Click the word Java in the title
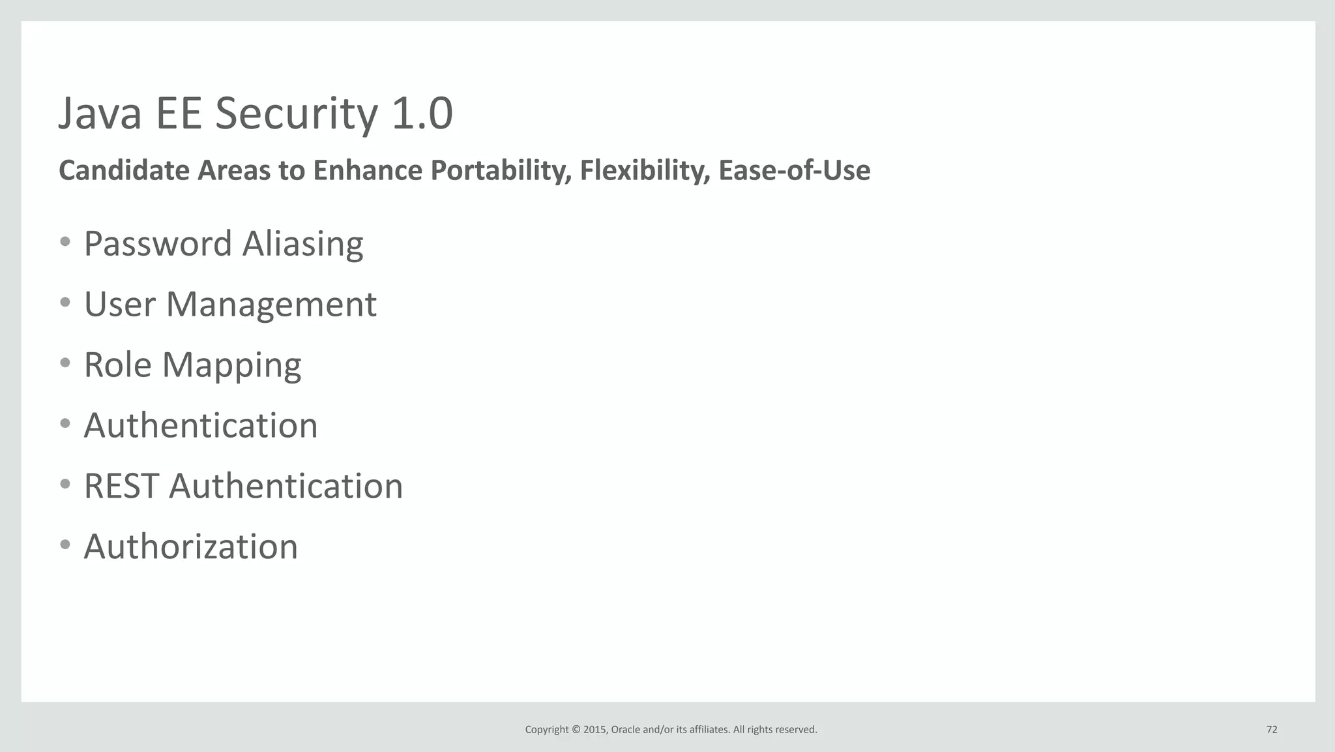pos(100,114)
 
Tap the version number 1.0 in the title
pos(422,114)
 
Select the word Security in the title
pos(297,114)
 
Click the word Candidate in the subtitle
pos(124,171)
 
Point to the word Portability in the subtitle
pos(501,171)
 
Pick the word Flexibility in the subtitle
pos(644,171)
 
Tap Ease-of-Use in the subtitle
pos(794,171)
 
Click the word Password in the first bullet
pos(158,244)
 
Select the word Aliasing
pos(302,244)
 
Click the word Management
pos(271,305)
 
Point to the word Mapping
pos(231,365)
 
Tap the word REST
pos(121,487)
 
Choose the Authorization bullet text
pos(190,547)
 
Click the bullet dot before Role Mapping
pos(65,363)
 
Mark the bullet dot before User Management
pos(65,303)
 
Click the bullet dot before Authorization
pos(65,545)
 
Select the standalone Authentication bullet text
pos(200,426)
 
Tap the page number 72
pos(1271,729)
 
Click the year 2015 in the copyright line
pos(594,729)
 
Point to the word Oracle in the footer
pos(625,729)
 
